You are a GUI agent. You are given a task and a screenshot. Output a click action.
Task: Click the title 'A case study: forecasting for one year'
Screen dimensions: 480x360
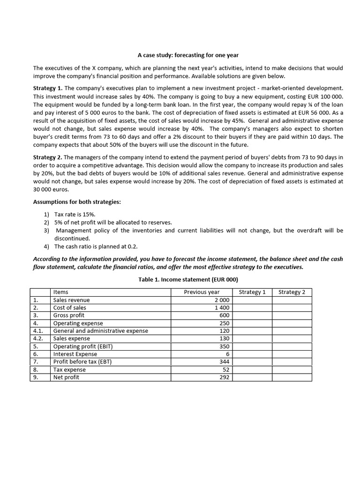click(180, 55)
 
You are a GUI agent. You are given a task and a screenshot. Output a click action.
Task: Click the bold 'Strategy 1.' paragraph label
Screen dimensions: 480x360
click(47, 88)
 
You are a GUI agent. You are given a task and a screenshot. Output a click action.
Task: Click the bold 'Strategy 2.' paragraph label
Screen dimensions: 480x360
click(47, 157)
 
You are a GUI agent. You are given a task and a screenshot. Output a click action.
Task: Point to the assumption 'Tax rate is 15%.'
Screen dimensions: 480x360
click(75, 214)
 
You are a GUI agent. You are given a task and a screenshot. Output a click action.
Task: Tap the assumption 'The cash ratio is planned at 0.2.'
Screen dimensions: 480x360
click(96, 246)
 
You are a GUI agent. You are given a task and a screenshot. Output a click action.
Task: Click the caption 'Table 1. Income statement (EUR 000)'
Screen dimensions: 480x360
click(180, 280)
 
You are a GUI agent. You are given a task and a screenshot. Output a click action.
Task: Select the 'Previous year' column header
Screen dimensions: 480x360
click(202, 292)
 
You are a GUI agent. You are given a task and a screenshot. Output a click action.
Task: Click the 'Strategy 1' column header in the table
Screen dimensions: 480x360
click(252, 292)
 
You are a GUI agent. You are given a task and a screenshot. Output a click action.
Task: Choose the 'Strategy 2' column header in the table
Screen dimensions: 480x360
click(292, 292)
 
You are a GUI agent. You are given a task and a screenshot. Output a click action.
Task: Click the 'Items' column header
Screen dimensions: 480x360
click(61, 292)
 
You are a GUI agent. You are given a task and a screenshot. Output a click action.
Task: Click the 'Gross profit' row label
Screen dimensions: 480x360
click(69, 315)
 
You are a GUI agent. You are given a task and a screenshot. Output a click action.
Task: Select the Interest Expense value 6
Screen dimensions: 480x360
click(227, 354)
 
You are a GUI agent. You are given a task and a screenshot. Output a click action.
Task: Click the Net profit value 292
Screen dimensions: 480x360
click(225, 377)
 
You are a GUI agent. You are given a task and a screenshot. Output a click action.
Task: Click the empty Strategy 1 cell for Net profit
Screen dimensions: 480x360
click(252, 377)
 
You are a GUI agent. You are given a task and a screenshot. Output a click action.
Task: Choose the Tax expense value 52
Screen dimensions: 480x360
click(226, 369)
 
